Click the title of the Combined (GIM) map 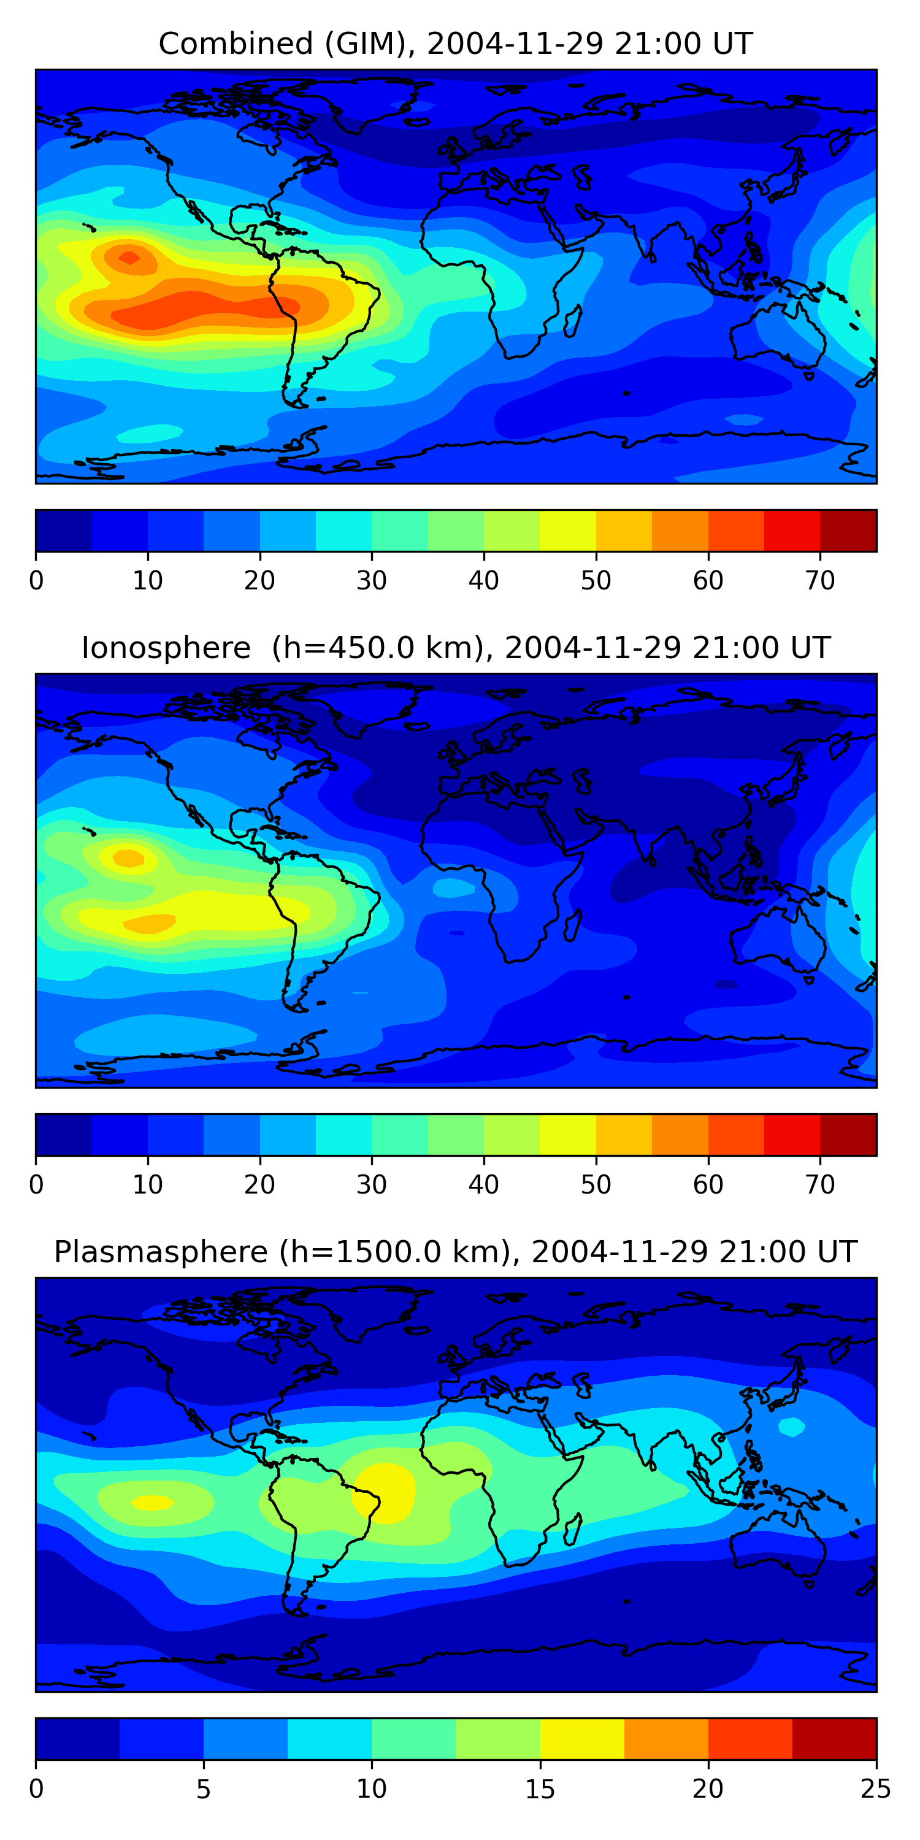point(455,44)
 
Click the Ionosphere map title point(455,648)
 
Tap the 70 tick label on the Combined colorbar point(820,581)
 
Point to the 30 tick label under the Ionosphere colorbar point(372,1184)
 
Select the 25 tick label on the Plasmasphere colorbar point(876,1788)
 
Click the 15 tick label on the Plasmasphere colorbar point(540,1788)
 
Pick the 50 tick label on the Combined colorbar point(596,581)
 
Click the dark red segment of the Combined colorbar point(848,531)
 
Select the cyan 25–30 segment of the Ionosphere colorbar point(343,1134)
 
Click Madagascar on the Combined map point(573,321)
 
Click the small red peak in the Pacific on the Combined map point(129,257)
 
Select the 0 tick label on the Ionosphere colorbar point(36,1184)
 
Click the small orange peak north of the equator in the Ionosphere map point(129,858)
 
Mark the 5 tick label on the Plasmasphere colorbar point(204,1788)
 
